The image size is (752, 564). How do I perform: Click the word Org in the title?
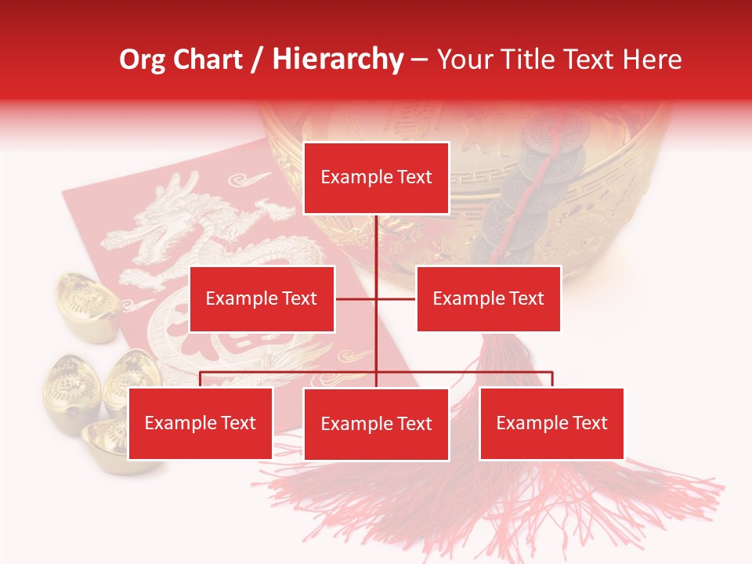click(x=142, y=60)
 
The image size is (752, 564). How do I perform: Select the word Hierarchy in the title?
click(x=338, y=60)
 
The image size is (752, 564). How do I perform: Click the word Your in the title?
click(x=462, y=60)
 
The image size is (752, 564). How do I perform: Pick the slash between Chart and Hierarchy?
click(x=258, y=60)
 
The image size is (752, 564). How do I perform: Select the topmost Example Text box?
click(x=376, y=178)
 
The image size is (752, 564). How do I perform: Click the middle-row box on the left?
click(x=262, y=298)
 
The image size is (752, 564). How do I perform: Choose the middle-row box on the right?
click(x=488, y=298)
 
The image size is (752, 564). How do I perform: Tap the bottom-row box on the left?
click(x=201, y=423)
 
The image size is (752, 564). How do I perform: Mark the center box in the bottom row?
click(x=376, y=424)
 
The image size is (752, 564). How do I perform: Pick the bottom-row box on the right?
click(x=551, y=423)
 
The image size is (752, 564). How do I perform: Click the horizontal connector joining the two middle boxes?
click(x=396, y=298)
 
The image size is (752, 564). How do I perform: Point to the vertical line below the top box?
click(x=376, y=243)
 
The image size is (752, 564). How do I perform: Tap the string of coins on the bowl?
click(x=540, y=180)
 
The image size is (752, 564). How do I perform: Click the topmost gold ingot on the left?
click(x=86, y=302)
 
